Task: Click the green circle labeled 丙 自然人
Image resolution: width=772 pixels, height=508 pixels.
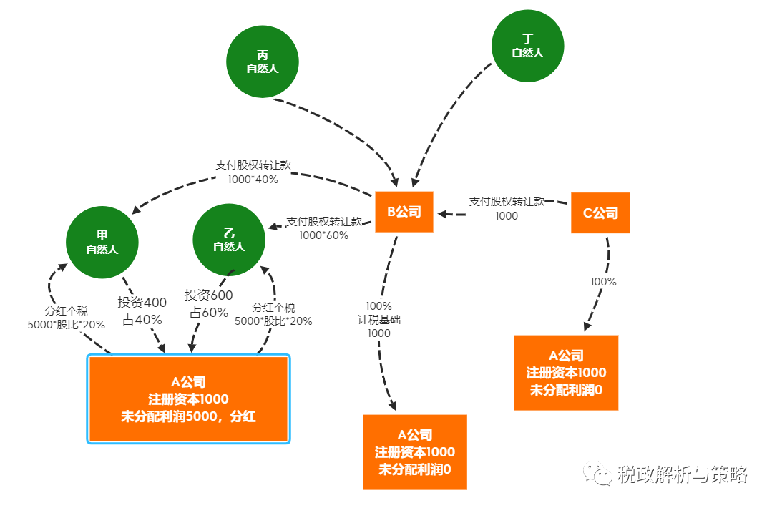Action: [262, 62]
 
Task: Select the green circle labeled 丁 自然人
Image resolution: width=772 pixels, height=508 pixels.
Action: [527, 47]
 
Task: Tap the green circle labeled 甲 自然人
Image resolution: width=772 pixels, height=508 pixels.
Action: [102, 243]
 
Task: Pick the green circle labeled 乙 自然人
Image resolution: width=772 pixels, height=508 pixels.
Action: [229, 240]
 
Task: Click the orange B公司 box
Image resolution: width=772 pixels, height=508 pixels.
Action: [404, 212]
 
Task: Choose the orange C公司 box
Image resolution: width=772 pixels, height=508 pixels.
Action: [600, 213]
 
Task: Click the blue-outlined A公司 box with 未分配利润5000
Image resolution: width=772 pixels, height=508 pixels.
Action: [188, 399]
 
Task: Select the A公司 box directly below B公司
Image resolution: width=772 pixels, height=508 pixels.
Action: [415, 452]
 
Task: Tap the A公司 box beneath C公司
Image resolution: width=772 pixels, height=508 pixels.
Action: [566, 372]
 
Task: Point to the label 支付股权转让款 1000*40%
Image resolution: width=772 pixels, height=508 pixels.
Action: [253, 172]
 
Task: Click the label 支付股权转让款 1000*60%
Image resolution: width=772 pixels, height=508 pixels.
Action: [323, 228]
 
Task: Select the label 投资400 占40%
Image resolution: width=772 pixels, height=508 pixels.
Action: [142, 311]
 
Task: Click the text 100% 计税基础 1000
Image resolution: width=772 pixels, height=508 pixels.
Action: [379, 319]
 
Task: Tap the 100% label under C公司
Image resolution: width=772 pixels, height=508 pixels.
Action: [603, 282]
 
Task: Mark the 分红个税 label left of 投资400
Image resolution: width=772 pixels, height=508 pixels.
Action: [66, 318]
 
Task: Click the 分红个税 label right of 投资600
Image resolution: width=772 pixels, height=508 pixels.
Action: [273, 314]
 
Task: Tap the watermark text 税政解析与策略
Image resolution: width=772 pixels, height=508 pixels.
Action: [681, 474]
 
